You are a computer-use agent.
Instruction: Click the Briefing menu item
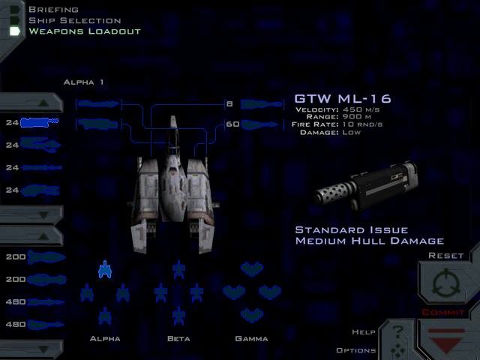(x=53, y=10)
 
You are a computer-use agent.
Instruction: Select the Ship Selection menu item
(x=74, y=20)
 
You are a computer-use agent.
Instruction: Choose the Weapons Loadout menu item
(x=84, y=31)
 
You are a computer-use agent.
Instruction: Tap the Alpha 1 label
(x=83, y=82)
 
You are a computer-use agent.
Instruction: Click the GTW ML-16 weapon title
(x=343, y=98)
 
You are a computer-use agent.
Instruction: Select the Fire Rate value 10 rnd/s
(x=364, y=125)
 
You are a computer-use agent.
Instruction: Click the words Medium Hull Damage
(x=370, y=241)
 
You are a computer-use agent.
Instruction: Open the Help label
(x=364, y=332)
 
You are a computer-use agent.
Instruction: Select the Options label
(x=356, y=350)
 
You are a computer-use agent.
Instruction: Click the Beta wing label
(x=178, y=339)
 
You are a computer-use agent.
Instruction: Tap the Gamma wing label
(x=251, y=339)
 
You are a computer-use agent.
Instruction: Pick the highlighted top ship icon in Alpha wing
(x=105, y=268)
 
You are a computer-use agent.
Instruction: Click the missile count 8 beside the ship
(x=229, y=103)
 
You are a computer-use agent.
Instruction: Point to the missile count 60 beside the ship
(x=232, y=124)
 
